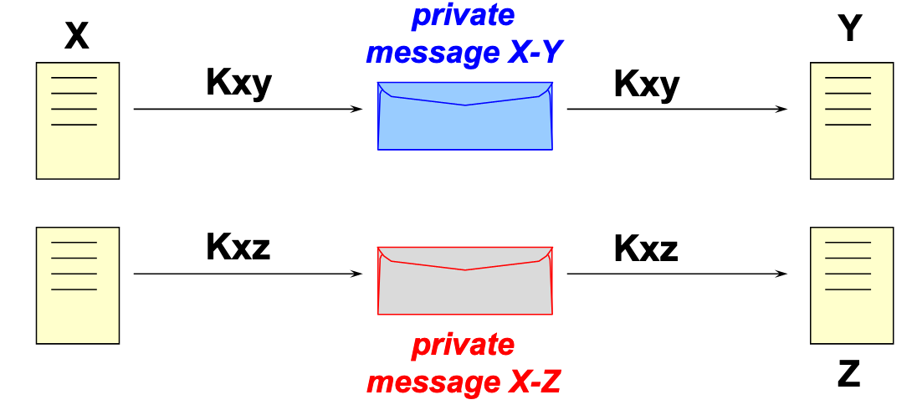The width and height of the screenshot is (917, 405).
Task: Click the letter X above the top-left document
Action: point(76,36)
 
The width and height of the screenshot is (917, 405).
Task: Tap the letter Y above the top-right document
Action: point(850,29)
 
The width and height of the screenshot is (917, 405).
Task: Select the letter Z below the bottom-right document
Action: point(848,375)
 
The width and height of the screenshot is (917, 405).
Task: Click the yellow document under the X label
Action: point(78,120)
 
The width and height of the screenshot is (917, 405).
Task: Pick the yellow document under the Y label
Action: point(852,120)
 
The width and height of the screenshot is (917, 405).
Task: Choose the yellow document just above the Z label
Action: point(852,285)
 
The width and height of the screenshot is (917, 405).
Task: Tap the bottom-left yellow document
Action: point(78,285)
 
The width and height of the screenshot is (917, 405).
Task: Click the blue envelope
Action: point(465,116)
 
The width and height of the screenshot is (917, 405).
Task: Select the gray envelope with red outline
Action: point(465,281)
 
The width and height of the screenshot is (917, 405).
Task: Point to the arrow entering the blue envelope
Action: point(248,110)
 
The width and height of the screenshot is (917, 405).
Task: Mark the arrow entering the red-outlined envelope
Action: point(248,274)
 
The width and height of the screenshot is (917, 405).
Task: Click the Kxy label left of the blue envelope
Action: point(239,84)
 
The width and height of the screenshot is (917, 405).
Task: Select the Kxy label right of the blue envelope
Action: point(646,84)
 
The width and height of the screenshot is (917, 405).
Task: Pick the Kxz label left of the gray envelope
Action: point(238,248)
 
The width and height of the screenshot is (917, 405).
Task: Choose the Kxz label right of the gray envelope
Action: point(646,248)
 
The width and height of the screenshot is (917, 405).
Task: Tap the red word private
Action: point(464,346)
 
